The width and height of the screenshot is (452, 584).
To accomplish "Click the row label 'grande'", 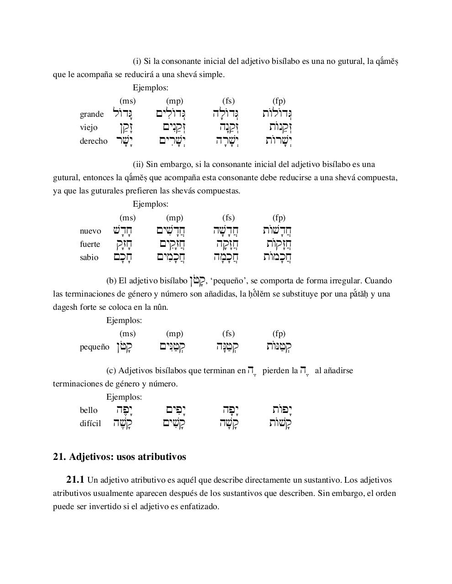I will click(92, 114).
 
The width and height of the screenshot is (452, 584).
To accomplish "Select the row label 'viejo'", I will click(89, 127).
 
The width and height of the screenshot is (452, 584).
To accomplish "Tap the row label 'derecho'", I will click(94, 141).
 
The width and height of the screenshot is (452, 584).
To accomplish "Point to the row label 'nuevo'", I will click(90, 231).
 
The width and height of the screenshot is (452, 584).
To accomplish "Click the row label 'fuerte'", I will click(90, 244).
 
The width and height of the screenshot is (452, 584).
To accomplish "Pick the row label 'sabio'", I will click(89, 257).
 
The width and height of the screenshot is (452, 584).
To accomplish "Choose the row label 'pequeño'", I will click(95, 347).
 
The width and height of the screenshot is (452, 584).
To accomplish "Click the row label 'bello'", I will click(89, 410).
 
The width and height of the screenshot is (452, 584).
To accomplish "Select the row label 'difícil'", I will click(90, 423).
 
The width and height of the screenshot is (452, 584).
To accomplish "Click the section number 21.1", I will click(75, 480).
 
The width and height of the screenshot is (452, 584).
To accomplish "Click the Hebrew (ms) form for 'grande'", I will click(123, 114).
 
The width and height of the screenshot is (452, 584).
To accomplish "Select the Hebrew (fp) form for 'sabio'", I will click(278, 257).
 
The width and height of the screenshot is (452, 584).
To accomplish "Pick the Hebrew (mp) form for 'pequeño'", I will click(172, 347).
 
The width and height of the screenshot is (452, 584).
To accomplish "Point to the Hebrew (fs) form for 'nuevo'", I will click(226, 230).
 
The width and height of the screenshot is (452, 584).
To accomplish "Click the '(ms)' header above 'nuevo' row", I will click(127, 218).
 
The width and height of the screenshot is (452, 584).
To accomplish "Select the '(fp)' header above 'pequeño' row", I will click(279, 334).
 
